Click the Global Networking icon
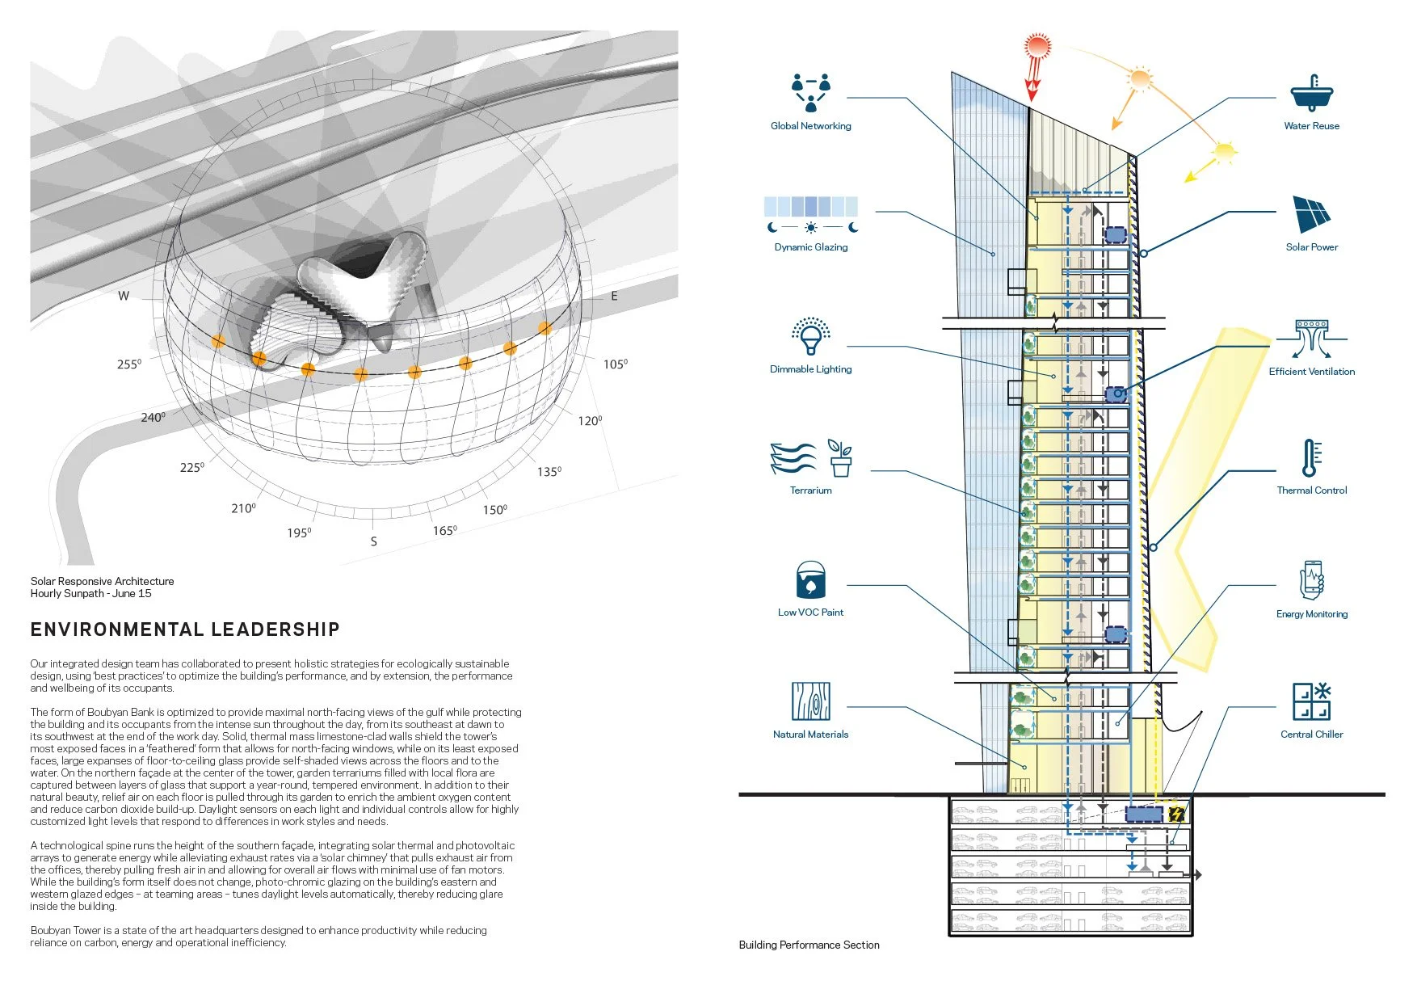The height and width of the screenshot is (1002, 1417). pyautogui.click(x=811, y=93)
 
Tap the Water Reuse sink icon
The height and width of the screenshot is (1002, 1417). pyautogui.click(x=1311, y=94)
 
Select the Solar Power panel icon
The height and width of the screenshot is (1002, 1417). pyautogui.click(x=1311, y=215)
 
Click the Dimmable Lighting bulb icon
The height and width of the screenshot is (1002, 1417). pyautogui.click(x=811, y=336)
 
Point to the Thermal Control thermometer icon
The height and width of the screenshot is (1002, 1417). pyautogui.click(x=1310, y=458)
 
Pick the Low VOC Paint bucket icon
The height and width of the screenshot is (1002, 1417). pyautogui.click(x=810, y=580)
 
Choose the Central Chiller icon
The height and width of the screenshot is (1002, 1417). pyautogui.click(x=1311, y=701)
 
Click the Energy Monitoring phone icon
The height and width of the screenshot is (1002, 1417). pyautogui.click(x=1311, y=579)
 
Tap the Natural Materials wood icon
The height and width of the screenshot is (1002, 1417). pyautogui.click(x=810, y=701)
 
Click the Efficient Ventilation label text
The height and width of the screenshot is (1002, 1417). pyautogui.click(x=1311, y=372)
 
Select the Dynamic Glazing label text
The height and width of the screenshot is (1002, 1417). pyautogui.click(x=811, y=247)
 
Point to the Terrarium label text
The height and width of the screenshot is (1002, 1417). pyautogui.click(x=810, y=490)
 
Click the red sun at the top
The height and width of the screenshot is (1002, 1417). pyautogui.click(x=1036, y=46)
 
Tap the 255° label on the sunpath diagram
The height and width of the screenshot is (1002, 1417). pyautogui.click(x=129, y=364)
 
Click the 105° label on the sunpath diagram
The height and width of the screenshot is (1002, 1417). pyautogui.click(x=615, y=364)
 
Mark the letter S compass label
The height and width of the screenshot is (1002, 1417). pyautogui.click(x=373, y=541)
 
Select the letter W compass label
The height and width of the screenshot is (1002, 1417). pyautogui.click(x=124, y=296)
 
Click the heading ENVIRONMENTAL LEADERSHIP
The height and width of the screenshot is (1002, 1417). pyautogui.click(x=185, y=629)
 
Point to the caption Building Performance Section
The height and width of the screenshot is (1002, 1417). pyautogui.click(x=809, y=945)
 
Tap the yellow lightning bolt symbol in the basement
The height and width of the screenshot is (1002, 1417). pyautogui.click(x=1175, y=814)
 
